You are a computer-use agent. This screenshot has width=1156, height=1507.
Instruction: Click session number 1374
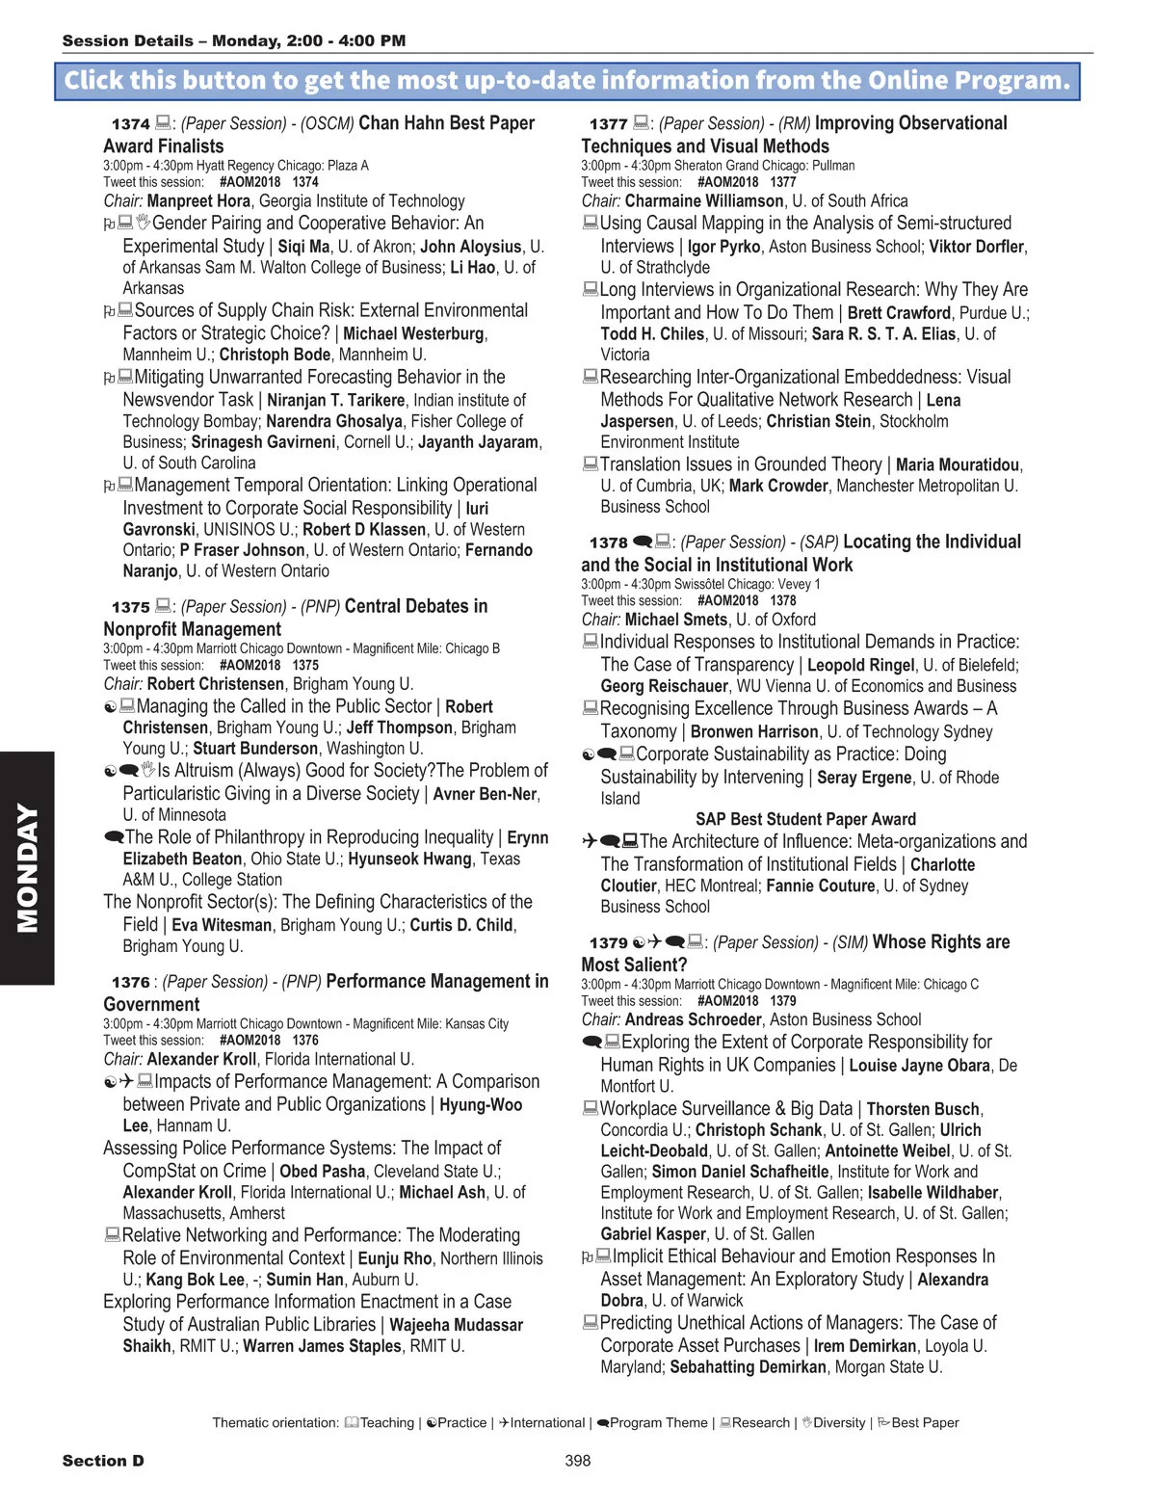[x=130, y=124]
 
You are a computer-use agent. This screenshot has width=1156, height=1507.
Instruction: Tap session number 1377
[x=608, y=124]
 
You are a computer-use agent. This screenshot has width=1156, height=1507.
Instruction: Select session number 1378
[x=608, y=543]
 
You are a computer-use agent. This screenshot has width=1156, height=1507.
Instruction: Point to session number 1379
[x=608, y=943]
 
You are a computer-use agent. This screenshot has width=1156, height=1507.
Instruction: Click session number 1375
[x=130, y=608]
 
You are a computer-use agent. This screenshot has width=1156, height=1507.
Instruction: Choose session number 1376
[x=130, y=983]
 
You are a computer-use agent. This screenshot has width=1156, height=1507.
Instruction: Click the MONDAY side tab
[x=27, y=867]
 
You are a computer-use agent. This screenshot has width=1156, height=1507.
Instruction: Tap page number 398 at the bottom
[x=577, y=1461]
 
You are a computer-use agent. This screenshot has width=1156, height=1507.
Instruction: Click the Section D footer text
[x=103, y=1461]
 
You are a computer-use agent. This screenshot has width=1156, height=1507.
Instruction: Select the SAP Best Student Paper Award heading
[x=805, y=819]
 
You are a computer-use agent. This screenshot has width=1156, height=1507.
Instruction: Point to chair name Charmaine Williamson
[x=703, y=201]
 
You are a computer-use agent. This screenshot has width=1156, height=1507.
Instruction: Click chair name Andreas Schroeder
[x=693, y=1019]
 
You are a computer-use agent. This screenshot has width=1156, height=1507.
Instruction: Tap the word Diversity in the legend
[x=839, y=1423]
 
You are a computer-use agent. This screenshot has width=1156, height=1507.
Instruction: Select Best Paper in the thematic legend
[x=925, y=1423]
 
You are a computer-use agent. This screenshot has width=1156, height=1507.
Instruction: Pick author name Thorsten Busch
[x=923, y=1110]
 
